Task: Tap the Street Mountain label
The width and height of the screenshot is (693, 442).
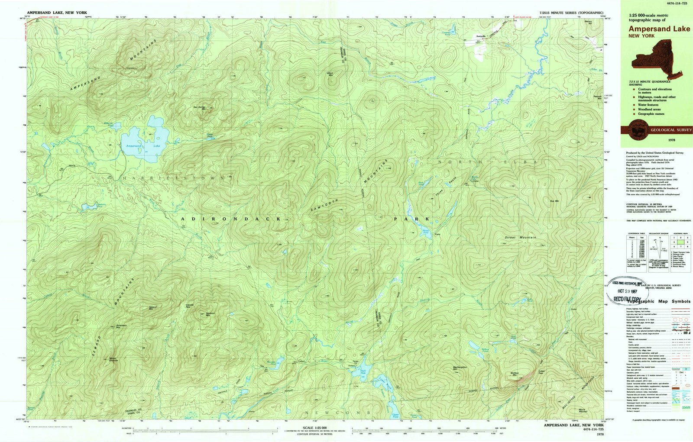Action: tap(520, 238)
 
